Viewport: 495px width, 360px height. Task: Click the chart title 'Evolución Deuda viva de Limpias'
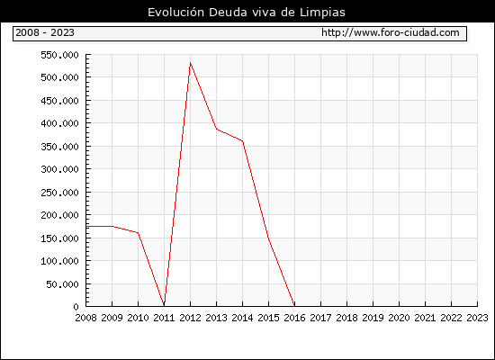247,13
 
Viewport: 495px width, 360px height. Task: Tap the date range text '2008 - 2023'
45,32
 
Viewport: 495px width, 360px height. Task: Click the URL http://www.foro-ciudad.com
391,32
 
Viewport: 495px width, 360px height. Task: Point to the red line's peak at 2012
190,62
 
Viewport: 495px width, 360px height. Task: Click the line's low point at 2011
164,305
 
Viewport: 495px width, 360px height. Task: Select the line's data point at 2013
216,129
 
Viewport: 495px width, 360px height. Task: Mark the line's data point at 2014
242,140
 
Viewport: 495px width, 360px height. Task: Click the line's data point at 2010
138,233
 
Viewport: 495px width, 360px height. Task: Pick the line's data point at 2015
269,238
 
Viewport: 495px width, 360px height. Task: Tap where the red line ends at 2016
294,305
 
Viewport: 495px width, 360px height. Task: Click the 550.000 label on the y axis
59,56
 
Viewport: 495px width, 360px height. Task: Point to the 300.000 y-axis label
59,169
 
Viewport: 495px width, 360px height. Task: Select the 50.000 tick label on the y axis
62,284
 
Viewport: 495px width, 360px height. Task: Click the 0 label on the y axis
76,307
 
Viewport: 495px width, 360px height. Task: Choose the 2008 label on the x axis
85,318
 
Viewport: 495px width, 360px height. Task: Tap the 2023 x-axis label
477,318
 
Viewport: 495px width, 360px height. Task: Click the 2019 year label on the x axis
373,318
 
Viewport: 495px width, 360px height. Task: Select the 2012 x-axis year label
190,318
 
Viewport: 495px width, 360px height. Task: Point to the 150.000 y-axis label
59,238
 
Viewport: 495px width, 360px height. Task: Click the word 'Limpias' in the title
322,13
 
